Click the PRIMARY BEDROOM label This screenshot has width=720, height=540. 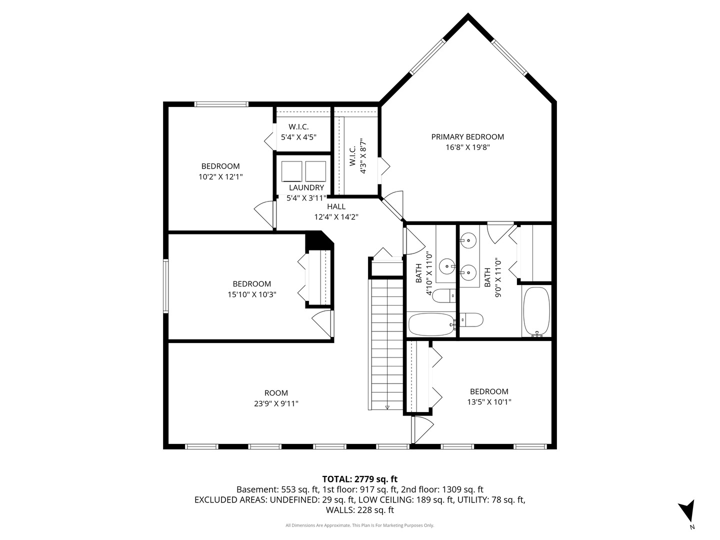coord(467,136)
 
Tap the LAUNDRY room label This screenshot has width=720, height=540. coord(306,187)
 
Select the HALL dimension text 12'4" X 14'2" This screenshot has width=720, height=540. coord(336,217)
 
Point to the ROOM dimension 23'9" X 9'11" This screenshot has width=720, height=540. coord(276,403)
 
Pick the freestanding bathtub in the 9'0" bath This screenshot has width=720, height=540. coord(536,312)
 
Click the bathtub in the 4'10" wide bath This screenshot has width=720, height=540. coord(431,324)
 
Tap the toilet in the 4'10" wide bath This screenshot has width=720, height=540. coord(444,296)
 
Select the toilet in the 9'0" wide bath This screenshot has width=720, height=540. coord(471,319)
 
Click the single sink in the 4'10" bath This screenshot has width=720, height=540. coord(447,266)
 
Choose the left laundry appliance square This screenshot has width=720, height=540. coord(291,171)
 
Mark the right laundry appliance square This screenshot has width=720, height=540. coord(315,171)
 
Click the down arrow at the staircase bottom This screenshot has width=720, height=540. coord(387,407)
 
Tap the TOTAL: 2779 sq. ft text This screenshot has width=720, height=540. coord(360,479)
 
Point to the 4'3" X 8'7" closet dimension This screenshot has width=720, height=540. coord(363,155)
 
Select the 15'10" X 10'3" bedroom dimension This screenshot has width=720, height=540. coord(252,294)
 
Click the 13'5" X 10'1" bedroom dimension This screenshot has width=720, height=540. coord(489,402)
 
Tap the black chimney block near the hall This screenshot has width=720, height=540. coord(318,241)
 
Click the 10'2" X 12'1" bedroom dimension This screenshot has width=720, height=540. coord(220,177)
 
